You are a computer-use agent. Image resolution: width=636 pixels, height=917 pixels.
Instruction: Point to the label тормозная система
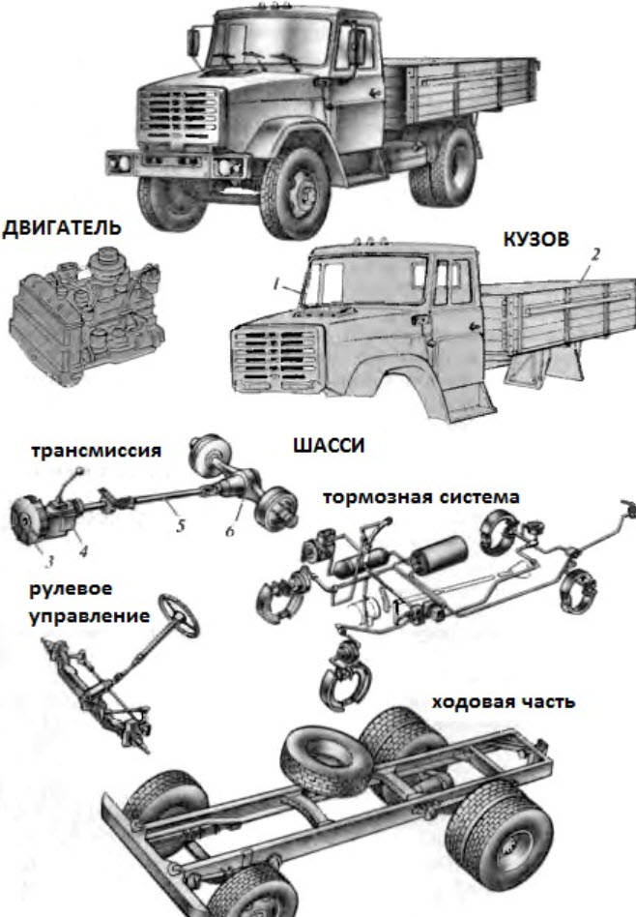tap(421, 497)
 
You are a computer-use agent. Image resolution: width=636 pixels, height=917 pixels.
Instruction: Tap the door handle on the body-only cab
tap(419, 319)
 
